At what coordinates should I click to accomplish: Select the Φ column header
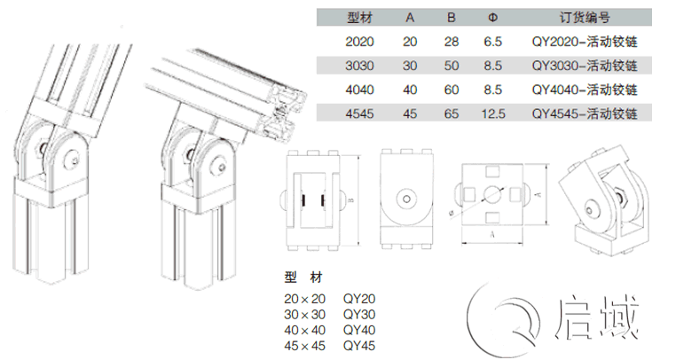[x=493, y=18]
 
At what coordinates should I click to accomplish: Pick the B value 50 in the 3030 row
[x=452, y=66]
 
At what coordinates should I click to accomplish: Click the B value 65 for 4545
[x=452, y=113]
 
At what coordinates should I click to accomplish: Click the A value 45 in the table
[x=409, y=113]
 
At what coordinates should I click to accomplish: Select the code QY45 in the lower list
[x=358, y=343]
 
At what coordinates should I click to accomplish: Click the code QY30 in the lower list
[x=358, y=312]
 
